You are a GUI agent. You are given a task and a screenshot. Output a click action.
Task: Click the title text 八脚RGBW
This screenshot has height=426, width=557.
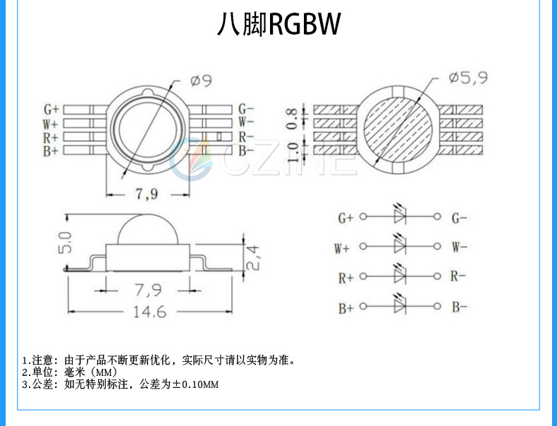[x=278, y=25]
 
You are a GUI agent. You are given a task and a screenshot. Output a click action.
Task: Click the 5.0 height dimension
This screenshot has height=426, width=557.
[x=66, y=242]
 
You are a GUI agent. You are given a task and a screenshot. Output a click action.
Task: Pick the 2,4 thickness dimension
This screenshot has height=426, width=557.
[x=255, y=257]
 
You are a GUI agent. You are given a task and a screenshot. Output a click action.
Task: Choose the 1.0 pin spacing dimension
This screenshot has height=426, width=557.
[x=291, y=149]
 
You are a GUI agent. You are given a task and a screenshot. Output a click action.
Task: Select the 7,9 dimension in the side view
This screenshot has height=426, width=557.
[x=146, y=289]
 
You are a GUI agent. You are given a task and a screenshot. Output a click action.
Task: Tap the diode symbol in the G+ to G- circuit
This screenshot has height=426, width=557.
[x=400, y=217]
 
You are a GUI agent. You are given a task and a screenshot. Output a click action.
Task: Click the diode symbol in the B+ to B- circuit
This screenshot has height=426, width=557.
[x=400, y=307]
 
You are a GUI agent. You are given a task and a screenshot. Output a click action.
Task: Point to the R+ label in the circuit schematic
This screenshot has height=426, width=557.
[x=345, y=278]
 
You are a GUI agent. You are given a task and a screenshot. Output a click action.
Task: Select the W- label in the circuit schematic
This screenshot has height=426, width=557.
[x=459, y=248]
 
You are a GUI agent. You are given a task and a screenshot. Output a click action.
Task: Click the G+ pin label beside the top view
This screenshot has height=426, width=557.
[x=51, y=109]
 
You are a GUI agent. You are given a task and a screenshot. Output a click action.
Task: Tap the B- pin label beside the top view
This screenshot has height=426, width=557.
[x=245, y=150]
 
